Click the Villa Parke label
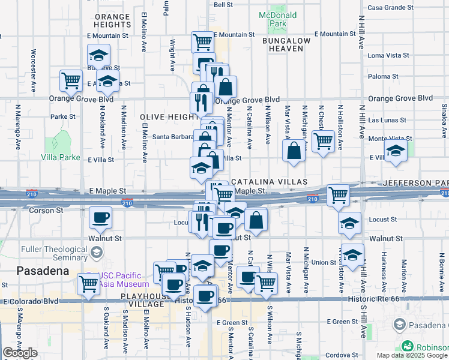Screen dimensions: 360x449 click(x=61, y=157)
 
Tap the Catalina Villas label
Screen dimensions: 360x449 click(x=269, y=181)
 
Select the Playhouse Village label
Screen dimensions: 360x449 click(x=142, y=300)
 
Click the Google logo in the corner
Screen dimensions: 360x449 click(x=20, y=353)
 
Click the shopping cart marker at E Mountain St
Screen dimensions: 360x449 click(x=203, y=42)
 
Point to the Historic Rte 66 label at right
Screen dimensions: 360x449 click(x=375, y=299)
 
